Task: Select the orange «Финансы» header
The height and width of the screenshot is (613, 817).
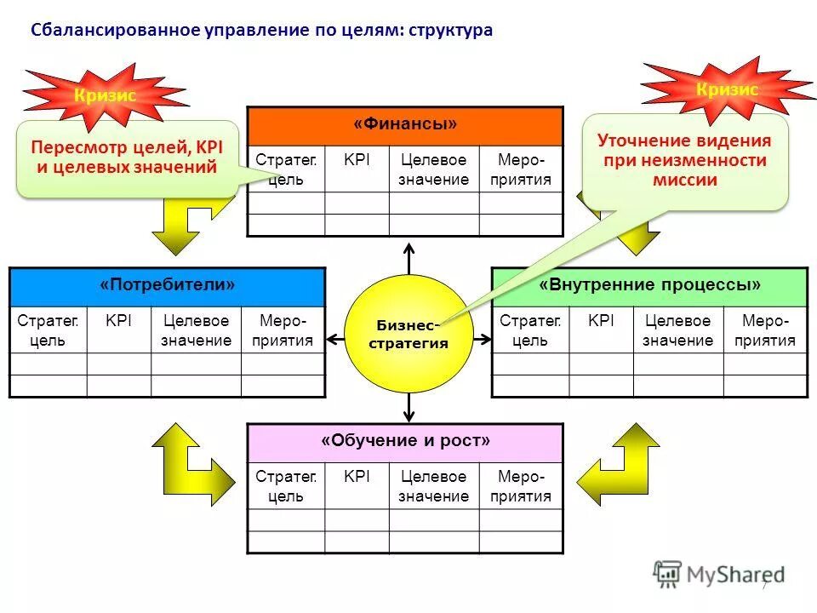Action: tap(405, 125)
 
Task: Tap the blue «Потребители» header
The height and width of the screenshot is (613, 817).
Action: tap(167, 285)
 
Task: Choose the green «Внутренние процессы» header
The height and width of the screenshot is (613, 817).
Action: tap(649, 285)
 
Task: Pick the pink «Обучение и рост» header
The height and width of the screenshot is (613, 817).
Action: tap(405, 442)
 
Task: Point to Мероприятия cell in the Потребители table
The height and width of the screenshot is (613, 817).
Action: tap(283, 330)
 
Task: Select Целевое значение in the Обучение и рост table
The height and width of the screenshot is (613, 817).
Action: tap(434, 486)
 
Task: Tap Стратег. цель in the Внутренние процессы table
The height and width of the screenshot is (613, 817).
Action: tap(530, 330)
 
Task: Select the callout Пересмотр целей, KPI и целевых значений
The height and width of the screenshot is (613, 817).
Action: tap(128, 158)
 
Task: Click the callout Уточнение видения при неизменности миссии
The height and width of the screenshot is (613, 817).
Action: tap(684, 160)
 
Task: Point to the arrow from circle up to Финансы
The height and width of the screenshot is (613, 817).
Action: tap(408, 257)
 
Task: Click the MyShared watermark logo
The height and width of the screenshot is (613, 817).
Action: tap(718, 575)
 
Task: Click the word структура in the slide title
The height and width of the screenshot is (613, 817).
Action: tap(450, 31)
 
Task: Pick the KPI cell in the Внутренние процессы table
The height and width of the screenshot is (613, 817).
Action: tap(601, 321)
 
